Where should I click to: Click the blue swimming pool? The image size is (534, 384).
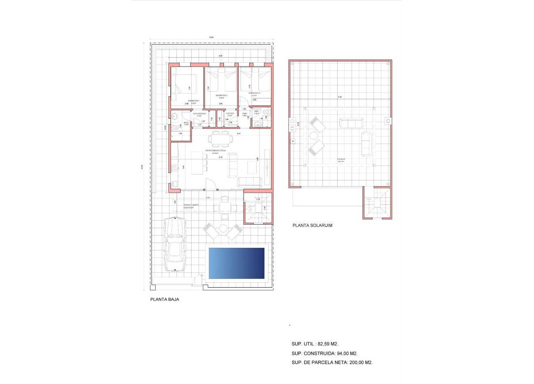tap(237, 263)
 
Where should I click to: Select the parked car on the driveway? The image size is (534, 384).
tap(175, 245)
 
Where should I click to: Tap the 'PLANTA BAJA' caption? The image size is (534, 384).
tap(164, 300)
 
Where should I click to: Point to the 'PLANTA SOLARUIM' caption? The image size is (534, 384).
tap(312, 225)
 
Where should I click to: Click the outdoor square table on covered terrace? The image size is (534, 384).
tap(225, 207)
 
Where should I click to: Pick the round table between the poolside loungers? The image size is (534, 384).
tap(223, 228)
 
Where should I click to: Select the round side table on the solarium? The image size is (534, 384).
tap(314, 136)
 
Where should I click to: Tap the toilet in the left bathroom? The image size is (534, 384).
tap(175, 128)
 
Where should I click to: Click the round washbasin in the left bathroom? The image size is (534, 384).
tap(174, 116)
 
